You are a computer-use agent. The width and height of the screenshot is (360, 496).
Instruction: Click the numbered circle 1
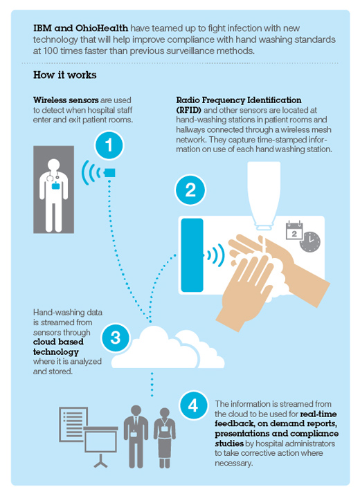109,145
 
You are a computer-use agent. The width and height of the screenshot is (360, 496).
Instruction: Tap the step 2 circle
190,190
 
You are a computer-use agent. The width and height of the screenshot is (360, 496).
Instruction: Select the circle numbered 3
116,338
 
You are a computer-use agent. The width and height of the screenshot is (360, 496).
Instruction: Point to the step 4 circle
193,405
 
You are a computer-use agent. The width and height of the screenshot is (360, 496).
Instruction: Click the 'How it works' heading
65,75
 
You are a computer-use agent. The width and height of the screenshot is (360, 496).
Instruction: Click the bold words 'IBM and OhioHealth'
81,28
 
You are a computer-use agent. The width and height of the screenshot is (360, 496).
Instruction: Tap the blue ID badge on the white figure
55,185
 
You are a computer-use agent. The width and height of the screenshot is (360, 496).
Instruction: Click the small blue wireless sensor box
109,173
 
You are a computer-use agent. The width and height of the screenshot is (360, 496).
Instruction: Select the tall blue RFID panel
192,255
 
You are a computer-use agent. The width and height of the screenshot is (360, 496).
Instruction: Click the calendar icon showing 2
294,230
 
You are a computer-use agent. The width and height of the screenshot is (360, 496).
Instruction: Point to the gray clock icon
310,242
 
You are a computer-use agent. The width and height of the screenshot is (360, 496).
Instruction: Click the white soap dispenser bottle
264,195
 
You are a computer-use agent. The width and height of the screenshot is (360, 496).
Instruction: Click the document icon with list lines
73,424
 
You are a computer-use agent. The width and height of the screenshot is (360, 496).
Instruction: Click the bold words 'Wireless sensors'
66,100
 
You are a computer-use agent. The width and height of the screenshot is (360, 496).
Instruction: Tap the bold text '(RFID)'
189,110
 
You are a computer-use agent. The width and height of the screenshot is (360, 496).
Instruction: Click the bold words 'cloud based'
58,342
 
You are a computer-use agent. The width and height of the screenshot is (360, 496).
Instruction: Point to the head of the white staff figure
53,165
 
